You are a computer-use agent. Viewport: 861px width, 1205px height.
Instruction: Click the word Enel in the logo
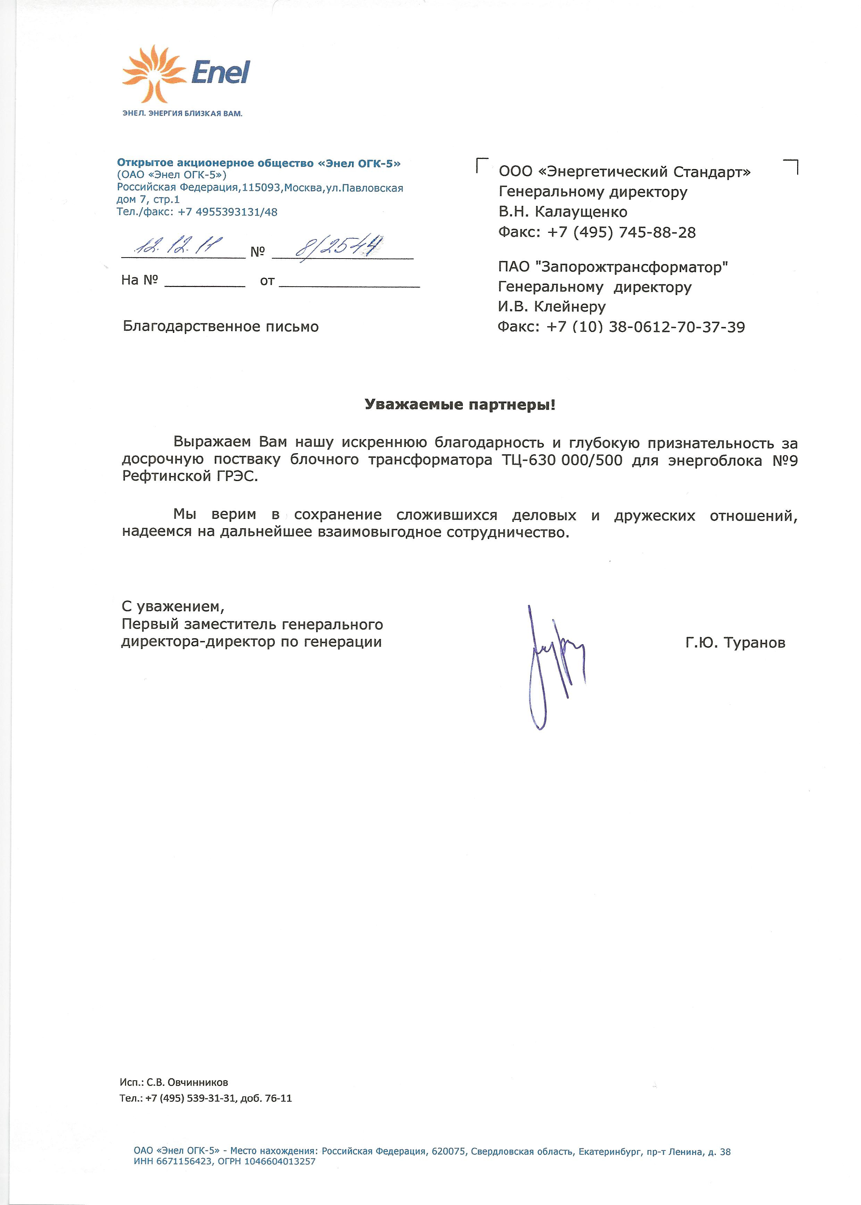[x=220, y=73]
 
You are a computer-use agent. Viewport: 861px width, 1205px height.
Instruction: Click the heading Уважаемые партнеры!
[x=460, y=405]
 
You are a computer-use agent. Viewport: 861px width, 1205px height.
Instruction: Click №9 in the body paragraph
[x=785, y=460]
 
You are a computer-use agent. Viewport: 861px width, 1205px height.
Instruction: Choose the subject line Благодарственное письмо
[x=220, y=327]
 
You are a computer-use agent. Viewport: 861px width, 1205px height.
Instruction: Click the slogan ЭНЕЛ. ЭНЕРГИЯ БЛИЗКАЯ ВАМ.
[x=182, y=113]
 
